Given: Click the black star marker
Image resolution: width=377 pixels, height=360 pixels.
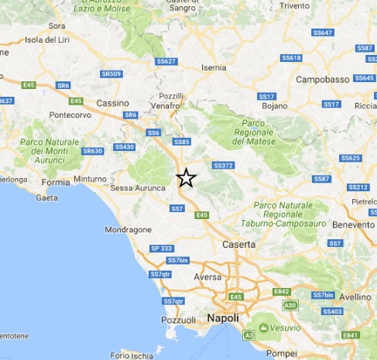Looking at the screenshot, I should click(186, 179).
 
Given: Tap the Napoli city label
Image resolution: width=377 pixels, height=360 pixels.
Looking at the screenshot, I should click(223, 318).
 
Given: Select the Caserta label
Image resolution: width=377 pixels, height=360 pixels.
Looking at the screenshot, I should click(238, 244).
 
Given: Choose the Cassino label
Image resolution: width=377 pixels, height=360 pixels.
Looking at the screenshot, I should click(112, 102).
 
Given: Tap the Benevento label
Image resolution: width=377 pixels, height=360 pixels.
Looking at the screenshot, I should click(352, 224).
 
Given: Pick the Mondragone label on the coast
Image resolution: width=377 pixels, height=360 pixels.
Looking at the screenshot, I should click(127, 230).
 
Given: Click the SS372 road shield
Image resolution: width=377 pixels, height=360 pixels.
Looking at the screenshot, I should click(224, 166).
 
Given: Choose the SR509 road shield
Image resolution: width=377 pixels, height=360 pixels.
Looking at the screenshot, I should click(111, 74).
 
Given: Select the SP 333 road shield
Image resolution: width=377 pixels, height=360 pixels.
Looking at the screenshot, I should click(162, 248).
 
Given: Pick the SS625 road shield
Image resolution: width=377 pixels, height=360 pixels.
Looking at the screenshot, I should click(350, 158).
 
